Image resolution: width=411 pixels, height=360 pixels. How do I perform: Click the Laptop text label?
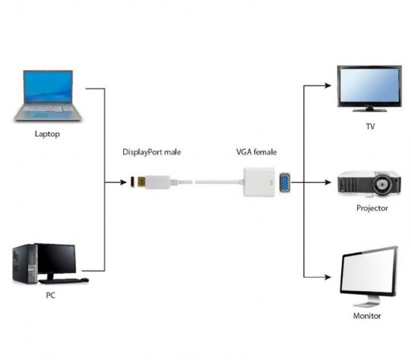point(47,134)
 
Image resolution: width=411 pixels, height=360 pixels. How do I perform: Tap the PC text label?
point(50,295)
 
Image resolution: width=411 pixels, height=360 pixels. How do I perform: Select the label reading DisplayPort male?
point(151,152)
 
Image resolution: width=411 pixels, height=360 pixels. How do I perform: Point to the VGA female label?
point(256,152)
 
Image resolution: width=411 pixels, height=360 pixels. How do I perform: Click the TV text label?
point(370,126)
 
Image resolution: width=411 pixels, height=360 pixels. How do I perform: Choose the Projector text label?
point(372,208)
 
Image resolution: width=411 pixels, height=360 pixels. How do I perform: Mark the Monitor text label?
point(366,315)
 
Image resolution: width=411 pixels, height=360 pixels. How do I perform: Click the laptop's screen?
point(48,87)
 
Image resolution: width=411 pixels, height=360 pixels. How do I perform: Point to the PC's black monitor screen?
point(56,258)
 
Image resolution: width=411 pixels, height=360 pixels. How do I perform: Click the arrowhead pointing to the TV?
point(329,85)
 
